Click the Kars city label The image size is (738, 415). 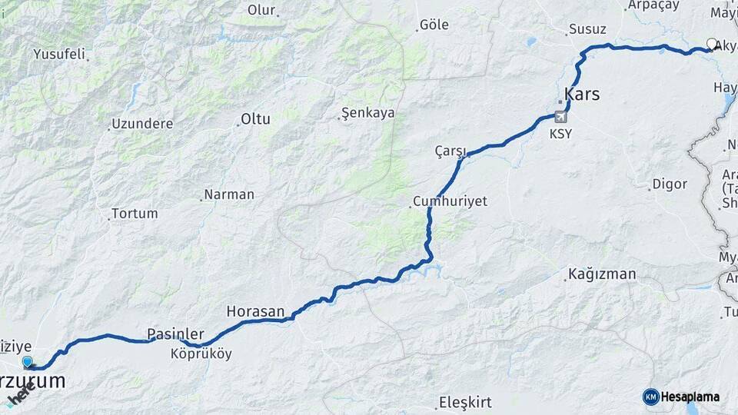point(582,95)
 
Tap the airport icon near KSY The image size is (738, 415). point(560,118)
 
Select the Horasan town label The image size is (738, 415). point(255,312)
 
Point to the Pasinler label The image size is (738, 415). point(175,334)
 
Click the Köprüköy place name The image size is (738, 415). point(201,354)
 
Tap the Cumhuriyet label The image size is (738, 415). point(450,201)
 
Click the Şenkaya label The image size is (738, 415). point(367,113)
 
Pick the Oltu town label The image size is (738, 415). point(256,119)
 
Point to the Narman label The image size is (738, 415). point(228,194)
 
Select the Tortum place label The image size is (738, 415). point(135,214)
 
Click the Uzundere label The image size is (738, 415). point(142,124)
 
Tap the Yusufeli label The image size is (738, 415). point(59,55)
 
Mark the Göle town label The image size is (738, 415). point(434,25)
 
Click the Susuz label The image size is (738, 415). point(587,30)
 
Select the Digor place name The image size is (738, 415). point(669,184)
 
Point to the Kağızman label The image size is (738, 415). point(602,274)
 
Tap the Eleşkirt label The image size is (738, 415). point(464,402)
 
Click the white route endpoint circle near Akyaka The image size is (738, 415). point(712,45)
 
